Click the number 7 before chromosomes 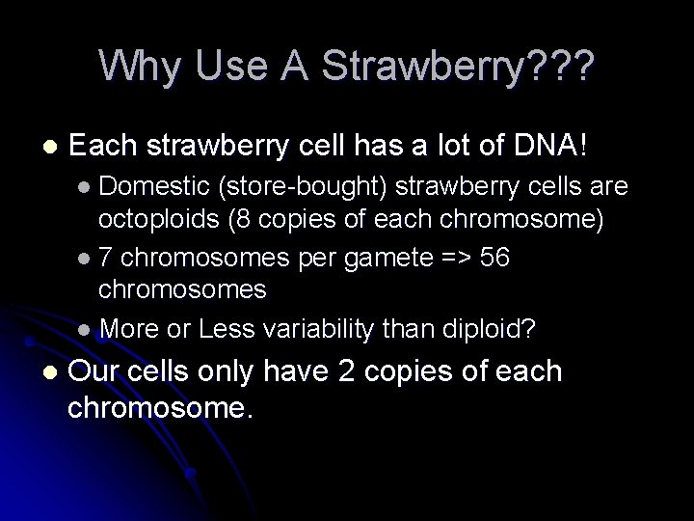[x=106, y=258]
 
